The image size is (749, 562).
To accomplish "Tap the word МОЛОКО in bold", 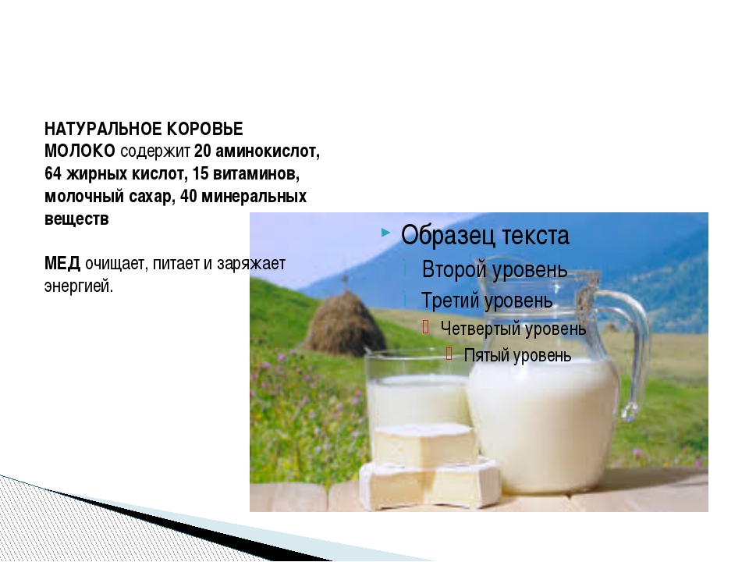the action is tap(80, 151).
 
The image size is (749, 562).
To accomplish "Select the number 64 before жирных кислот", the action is tap(53, 173).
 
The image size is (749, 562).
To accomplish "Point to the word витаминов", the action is tap(256, 173).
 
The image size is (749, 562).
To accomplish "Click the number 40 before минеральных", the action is tap(189, 197).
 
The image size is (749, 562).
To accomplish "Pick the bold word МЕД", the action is tap(62, 263).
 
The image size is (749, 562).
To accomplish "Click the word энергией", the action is tap(79, 286).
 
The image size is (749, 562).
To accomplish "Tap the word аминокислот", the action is tap(268, 151).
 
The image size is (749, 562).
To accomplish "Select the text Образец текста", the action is tap(485, 236).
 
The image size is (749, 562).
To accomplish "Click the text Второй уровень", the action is tap(495, 270).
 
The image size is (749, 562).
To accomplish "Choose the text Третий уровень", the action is tap(486, 301).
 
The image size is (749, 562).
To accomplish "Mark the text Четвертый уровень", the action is tap(513, 329).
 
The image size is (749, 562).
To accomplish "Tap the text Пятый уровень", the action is tap(517, 356).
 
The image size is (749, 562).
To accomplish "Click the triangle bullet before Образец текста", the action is tap(386, 233).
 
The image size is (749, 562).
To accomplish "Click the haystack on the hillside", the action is tap(345, 322).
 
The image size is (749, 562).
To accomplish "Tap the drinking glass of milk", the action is tap(417, 397).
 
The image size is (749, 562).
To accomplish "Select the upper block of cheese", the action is tap(425, 443).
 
